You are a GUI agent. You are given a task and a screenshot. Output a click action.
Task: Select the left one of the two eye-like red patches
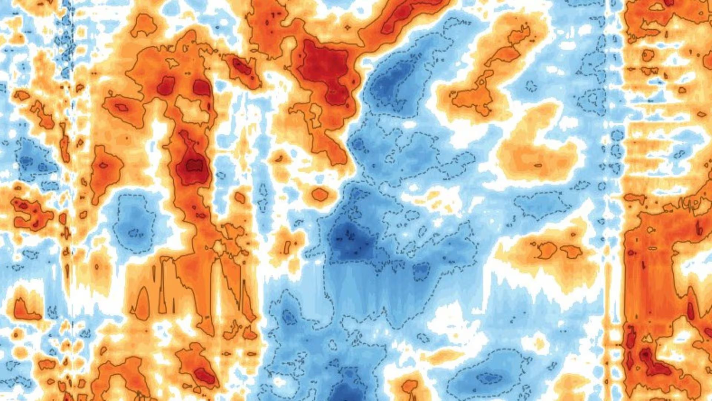166,86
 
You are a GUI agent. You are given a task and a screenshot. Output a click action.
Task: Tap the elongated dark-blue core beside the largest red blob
389,80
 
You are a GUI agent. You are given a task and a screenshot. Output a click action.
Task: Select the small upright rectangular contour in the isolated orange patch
287,247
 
